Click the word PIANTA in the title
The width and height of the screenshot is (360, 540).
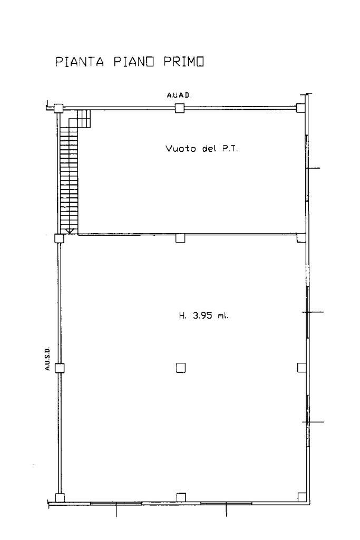[x=80, y=62]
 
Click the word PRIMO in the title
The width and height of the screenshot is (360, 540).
[x=184, y=62]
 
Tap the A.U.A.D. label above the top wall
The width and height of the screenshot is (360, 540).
[x=179, y=95]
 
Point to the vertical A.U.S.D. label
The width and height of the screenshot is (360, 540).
[x=47, y=359]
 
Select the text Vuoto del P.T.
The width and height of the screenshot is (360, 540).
[x=202, y=149]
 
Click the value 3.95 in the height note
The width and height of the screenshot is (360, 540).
[x=203, y=315]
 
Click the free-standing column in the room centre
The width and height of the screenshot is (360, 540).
[x=180, y=368]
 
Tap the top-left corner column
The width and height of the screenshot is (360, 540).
[x=58, y=108]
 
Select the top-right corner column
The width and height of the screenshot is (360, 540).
[x=301, y=108]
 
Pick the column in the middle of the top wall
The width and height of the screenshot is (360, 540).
[x=179, y=108]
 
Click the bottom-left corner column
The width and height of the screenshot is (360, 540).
[x=60, y=498]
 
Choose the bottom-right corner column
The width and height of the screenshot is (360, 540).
[x=302, y=497]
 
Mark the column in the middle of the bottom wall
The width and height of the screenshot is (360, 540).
[x=181, y=498]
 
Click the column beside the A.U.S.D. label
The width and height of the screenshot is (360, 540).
[x=60, y=368]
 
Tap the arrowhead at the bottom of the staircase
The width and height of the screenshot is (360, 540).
[x=69, y=232]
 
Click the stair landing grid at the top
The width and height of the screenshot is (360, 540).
[x=84, y=119]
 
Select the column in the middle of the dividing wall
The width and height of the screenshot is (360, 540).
[x=180, y=238]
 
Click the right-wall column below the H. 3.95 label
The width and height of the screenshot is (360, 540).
[x=302, y=368]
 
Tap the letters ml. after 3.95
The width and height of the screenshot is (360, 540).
[x=222, y=315]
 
